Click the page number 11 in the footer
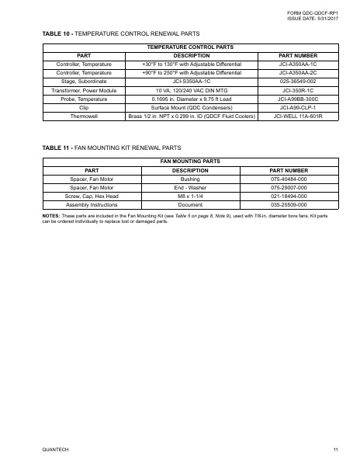point(335,450)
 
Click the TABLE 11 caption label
point(59,146)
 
